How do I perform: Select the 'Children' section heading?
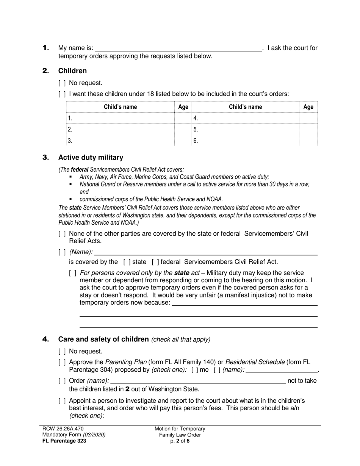point(72,71)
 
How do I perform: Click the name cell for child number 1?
point(121,118)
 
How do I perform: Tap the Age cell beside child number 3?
point(183,141)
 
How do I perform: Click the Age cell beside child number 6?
point(308,141)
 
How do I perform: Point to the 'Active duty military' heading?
point(91,157)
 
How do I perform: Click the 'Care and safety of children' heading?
point(103,339)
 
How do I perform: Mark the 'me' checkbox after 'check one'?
point(194,370)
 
